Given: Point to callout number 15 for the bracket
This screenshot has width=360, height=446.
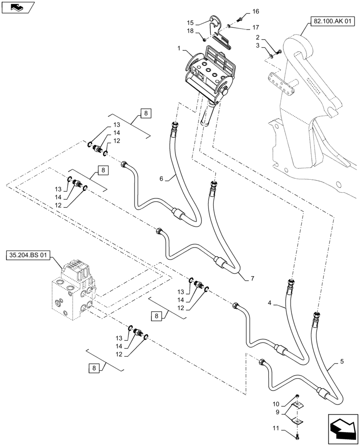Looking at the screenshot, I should pos(190,22).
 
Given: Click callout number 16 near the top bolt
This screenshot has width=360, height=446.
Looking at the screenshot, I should pos(255,11).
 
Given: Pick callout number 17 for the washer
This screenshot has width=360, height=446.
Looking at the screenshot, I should pos(255,28).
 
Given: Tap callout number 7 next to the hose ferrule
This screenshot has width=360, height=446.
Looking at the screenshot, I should pos(252,279).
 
